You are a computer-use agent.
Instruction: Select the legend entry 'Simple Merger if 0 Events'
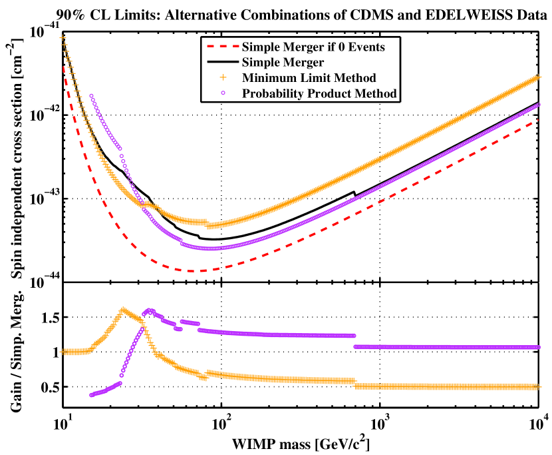click(313, 47)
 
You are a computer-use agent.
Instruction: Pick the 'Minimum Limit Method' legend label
click(310, 78)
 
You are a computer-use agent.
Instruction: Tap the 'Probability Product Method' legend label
click(320, 93)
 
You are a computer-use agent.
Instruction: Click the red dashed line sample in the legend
click(222, 47)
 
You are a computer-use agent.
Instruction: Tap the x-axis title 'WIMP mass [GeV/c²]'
click(300, 443)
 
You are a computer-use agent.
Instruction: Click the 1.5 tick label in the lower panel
click(49, 318)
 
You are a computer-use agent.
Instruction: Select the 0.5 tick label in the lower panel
click(49, 387)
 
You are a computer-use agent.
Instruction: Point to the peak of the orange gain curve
click(122, 310)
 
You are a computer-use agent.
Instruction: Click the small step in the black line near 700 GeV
click(354, 194)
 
